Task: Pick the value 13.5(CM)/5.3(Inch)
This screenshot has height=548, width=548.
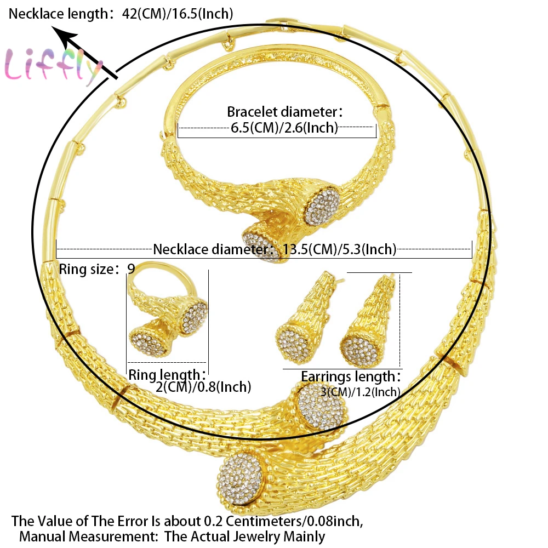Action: pos(339,250)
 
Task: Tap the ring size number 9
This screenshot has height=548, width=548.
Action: pos(130,269)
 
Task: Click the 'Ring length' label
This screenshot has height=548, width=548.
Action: pos(167,375)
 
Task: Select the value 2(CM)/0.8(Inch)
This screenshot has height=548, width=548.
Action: pos(203,387)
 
